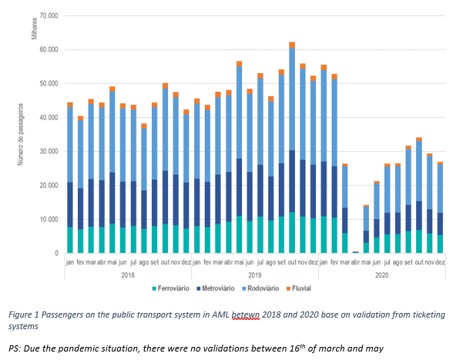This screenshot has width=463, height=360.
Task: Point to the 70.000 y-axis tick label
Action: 49,15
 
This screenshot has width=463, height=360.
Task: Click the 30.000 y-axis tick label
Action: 49,151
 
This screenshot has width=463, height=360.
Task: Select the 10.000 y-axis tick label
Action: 49,219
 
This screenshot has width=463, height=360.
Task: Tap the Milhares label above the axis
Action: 35,29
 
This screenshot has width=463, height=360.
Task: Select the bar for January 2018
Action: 70,177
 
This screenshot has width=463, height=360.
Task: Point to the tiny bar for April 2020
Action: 355,252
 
